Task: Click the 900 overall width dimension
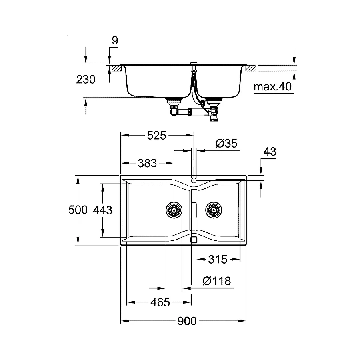187,321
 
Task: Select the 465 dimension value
160,302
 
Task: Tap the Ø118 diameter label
216,281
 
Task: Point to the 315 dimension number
218,260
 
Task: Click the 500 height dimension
78,210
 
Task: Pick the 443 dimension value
102,210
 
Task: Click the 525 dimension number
156,136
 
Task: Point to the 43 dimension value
270,152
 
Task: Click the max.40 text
273,86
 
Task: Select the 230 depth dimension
86,80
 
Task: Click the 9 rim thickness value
115,40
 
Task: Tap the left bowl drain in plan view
174,209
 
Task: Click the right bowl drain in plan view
213,209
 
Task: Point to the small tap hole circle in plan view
194,180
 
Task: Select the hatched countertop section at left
116,69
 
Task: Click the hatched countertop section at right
250,69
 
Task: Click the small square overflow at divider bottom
194,240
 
